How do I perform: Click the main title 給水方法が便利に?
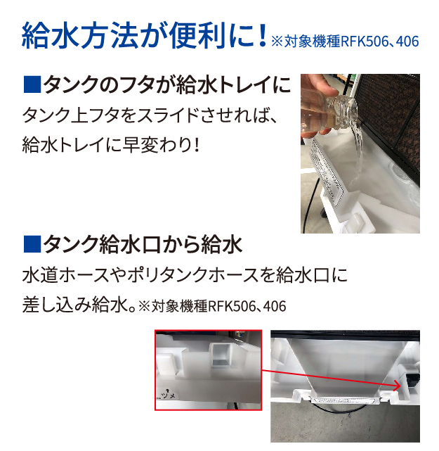[145, 37]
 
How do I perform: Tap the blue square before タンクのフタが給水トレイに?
[32, 84]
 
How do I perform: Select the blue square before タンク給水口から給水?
[32, 244]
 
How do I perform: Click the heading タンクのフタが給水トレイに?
[167, 84]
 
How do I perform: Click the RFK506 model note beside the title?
[345, 42]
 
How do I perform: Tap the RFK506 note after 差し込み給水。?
[212, 306]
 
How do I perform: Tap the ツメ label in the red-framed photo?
[169, 396]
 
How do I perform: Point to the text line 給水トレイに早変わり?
[111, 145]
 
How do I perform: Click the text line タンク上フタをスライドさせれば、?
[150, 116]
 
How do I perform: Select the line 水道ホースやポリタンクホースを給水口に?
[185, 275]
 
